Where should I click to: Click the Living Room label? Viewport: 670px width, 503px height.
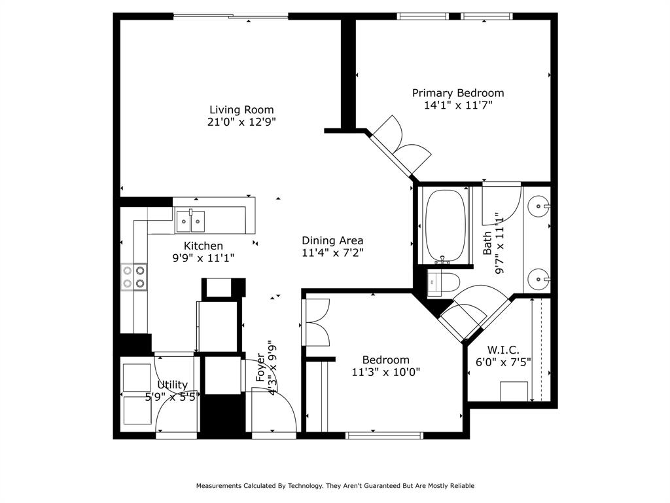click(241, 110)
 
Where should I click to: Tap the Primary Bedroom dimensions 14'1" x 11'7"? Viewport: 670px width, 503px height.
click(457, 105)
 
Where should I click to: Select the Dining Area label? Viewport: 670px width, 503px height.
click(332, 240)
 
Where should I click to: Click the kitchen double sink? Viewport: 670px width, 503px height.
click(190, 221)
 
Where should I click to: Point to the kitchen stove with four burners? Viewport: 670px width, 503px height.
click(133, 276)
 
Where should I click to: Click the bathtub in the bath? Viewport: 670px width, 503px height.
click(446, 226)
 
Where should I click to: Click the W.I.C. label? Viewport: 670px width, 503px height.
click(503, 350)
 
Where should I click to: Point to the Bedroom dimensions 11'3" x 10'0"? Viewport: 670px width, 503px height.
click(386, 372)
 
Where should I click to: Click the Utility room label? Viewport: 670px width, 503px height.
click(172, 384)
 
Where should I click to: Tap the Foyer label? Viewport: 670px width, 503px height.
click(260, 367)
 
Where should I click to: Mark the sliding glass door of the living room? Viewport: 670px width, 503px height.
click(230, 16)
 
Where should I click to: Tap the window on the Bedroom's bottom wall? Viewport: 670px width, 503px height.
click(384, 435)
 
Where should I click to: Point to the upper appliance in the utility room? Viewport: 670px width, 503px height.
click(137, 377)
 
